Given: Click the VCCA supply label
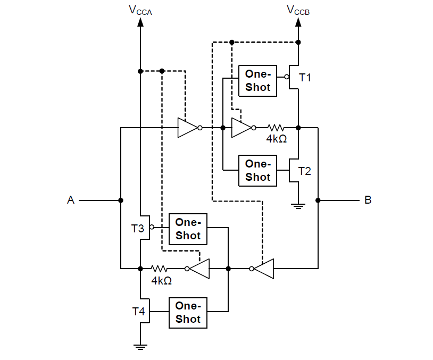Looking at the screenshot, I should click(140, 10).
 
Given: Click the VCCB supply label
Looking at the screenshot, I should click(298, 10).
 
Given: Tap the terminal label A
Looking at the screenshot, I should click(70, 200).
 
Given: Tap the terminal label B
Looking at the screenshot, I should click(368, 200).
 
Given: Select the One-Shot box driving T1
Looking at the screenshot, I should click(258, 81).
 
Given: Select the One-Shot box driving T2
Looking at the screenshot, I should click(258, 170).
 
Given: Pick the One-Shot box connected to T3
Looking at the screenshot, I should click(188, 229).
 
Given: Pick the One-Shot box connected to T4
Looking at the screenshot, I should click(188, 313).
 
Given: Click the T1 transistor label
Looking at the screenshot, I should click(305, 78).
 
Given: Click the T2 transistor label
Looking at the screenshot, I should click(305, 171).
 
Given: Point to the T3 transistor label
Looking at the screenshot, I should click(137, 229).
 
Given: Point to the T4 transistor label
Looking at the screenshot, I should click(138, 312).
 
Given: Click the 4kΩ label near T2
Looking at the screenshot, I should click(276, 139).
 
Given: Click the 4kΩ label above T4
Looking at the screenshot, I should click(161, 280).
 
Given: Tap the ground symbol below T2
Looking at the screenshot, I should click(298, 206).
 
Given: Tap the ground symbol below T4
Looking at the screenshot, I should click(140, 347).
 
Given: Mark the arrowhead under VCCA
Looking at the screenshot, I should click(140, 22).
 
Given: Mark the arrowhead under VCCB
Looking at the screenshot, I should click(298, 22).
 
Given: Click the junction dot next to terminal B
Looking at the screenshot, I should click(318, 200).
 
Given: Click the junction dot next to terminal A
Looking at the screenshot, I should click(121, 200).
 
